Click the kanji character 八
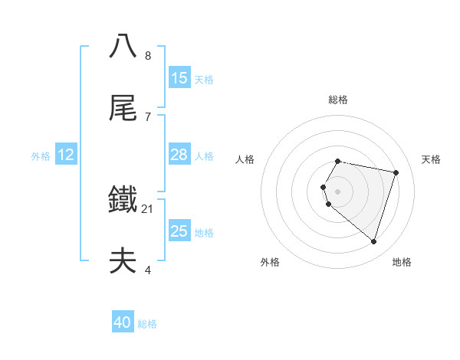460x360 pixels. coord(123,46)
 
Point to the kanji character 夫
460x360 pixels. coord(123,262)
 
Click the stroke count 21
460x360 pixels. coord(148,208)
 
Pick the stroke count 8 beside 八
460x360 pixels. coord(148,55)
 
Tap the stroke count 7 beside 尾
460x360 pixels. coord(148,116)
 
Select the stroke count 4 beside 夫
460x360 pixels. coord(148,270)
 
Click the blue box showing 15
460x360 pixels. coord(179,77)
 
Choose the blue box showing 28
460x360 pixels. coord(179,155)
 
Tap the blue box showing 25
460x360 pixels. coord(179,231)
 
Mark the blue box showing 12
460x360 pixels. coord(66,155)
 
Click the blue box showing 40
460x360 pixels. coord(123,323)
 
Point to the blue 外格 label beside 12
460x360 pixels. coord(41,156)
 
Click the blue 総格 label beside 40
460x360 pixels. coord(147,325)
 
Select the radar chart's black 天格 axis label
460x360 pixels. coord(432,159)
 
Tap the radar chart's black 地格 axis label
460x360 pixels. coord(402,262)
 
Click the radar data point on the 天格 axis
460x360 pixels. coord(396,172)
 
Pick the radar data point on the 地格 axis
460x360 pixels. coord(373,241)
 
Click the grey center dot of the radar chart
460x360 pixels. coord(338,191)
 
